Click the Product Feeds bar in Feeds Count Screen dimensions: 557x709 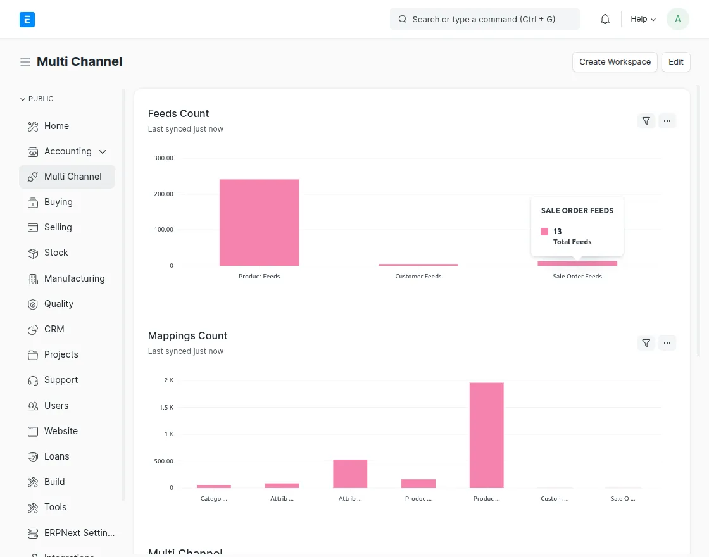[x=259, y=222]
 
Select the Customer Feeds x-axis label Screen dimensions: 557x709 [x=418, y=277]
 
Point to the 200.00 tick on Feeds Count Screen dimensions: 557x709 [x=163, y=194]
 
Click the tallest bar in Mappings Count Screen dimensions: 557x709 [x=486, y=435]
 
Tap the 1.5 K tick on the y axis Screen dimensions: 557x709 [x=166, y=407]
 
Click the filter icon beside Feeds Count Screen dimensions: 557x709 [x=646, y=121]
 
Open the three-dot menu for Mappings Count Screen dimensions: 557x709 [x=667, y=343]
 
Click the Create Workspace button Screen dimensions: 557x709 [x=615, y=62]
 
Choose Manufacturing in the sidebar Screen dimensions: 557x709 [x=74, y=278]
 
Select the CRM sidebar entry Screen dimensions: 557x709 [x=54, y=329]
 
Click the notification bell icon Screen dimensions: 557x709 [x=605, y=19]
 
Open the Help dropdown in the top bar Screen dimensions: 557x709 [x=643, y=19]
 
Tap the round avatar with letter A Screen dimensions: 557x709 [x=677, y=19]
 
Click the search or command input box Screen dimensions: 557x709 [x=484, y=19]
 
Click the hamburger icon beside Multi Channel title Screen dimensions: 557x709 [x=25, y=62]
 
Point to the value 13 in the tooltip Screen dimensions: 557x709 [x=557, y=232]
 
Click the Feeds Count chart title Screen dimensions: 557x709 [x=178, y=114]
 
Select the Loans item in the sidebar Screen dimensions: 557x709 [x=56, y=456]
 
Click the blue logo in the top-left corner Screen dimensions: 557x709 [x=27, y=20]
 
